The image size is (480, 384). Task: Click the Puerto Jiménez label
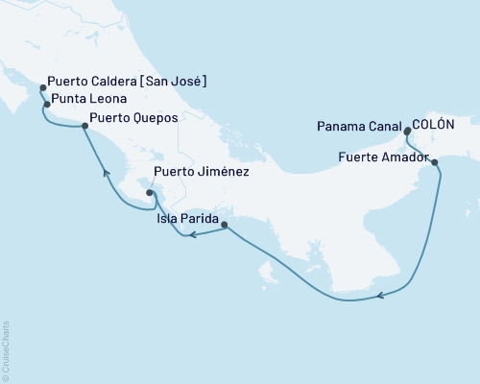coord(203,174)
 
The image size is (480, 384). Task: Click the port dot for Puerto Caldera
coord(42,88)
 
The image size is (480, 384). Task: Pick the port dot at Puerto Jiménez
coord(150,193)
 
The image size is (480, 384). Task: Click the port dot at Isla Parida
coord(225,226)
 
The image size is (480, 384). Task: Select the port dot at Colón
coord(408,132)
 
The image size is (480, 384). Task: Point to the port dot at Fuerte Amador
coord(437,162)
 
